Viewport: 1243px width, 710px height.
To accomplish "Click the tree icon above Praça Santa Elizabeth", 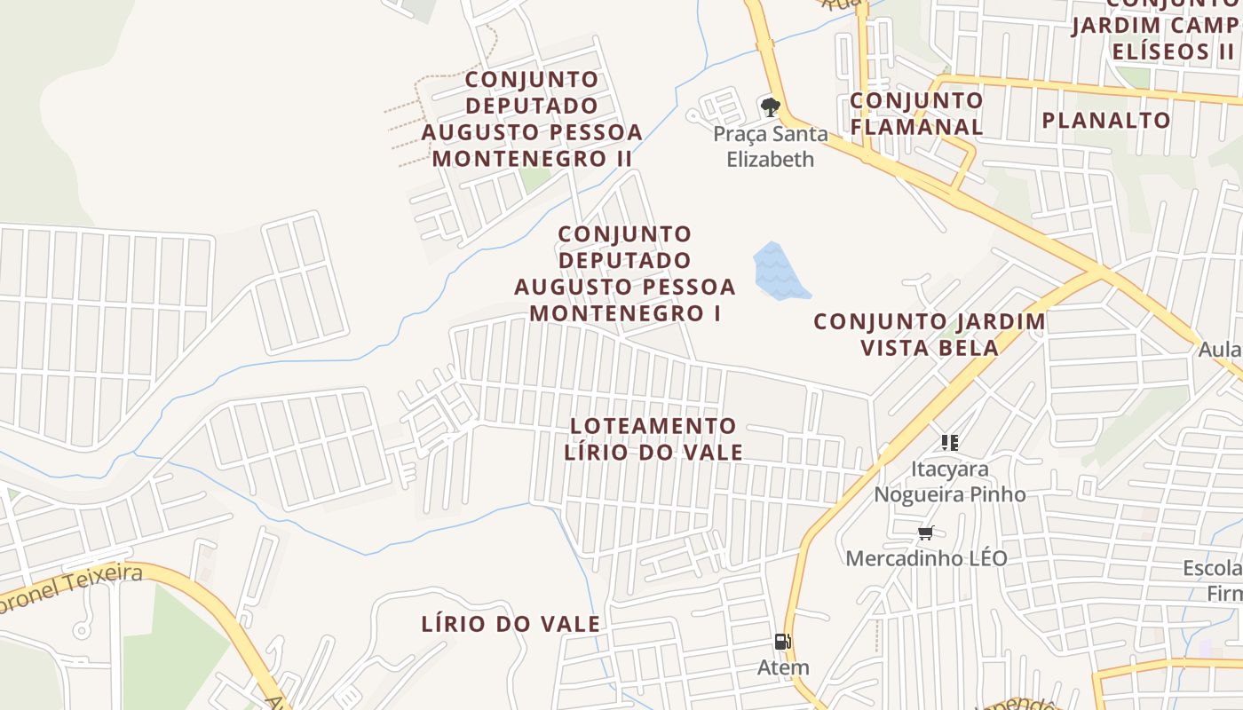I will click(770, 107).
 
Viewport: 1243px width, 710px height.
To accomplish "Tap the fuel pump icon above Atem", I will click(782, 642).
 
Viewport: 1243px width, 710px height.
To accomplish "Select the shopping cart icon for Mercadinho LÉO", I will click(926, 532).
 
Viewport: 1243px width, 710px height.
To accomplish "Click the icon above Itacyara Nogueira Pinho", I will click(950, 442).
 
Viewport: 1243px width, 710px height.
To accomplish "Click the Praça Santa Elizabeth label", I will click(771, 146).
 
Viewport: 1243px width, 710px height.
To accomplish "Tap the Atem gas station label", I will click(783, 667).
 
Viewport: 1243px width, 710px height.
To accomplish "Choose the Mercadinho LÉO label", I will click(926, 558).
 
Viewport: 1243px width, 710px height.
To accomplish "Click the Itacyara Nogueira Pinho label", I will click(950, 481).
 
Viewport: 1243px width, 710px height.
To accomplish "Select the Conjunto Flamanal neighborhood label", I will click(916, 114).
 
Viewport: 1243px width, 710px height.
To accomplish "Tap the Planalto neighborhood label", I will click(1106, 121).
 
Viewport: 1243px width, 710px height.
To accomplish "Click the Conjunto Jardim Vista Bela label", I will click(930, 334).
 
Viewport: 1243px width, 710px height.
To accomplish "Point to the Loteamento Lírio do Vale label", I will click(653, 438).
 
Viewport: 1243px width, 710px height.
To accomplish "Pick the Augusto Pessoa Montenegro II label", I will click(532, 119).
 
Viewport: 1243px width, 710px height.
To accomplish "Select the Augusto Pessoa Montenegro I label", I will click(625, 273).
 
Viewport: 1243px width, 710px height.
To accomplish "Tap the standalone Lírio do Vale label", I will click(511, 624).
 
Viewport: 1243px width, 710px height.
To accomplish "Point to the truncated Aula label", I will click(1219, 350).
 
